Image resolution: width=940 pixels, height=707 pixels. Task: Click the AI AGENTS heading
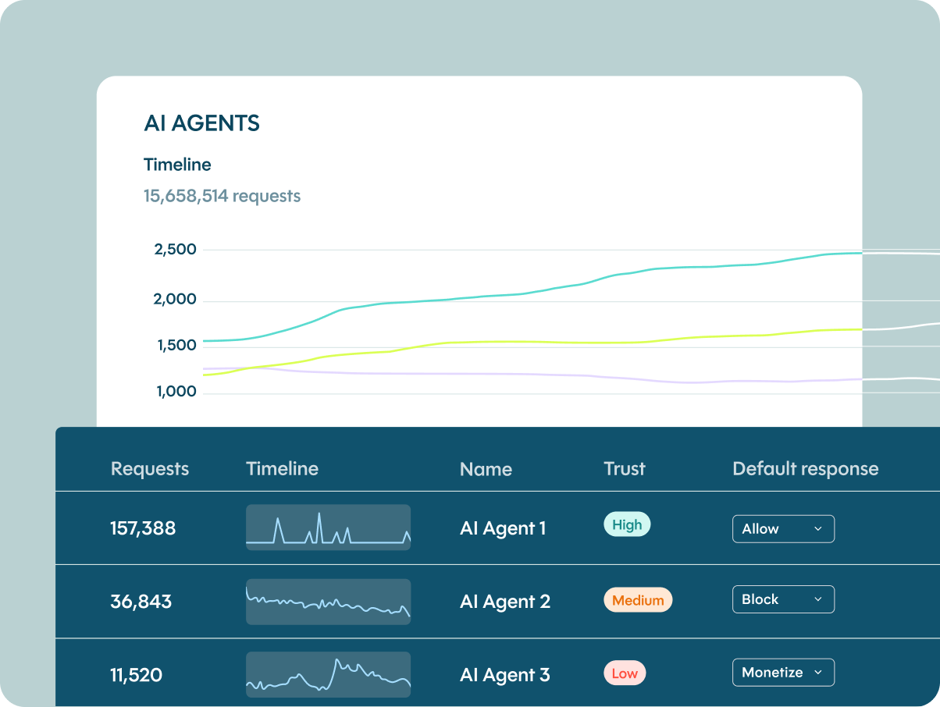coord(201,123)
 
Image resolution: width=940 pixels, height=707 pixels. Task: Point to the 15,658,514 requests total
coord(222,196)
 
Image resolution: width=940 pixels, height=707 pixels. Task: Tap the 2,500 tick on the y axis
coord(175,250)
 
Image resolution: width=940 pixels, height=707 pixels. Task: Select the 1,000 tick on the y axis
coord(175,391)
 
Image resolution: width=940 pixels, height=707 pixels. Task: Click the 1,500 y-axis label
coord(175,345)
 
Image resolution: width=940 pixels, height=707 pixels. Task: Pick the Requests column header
coord(150,469)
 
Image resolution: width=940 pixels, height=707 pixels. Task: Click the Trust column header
coord(625,469)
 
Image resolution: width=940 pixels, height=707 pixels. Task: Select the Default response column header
coord(805,469)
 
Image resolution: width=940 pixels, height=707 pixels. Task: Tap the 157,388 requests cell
coord(143,528)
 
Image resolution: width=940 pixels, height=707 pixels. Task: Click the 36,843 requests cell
coord(141,602)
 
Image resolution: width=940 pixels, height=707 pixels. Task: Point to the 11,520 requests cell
coord(136,675)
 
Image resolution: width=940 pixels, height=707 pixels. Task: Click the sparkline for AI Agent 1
coord(328,528)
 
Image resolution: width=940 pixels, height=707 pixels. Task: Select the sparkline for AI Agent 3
coord(328,674)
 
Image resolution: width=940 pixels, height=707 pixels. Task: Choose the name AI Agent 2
coord(505,602)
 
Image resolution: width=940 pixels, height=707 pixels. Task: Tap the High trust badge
coord(627,525)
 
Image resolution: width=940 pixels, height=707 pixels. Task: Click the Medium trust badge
coord(638,600)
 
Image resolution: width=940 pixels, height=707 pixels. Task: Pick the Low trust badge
coord(625,673)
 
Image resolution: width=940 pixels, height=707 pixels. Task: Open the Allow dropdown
coord(783,529)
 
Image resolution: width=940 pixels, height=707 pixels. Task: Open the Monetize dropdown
coord(783,673)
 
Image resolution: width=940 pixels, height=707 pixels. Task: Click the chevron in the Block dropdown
coord(818,599)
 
